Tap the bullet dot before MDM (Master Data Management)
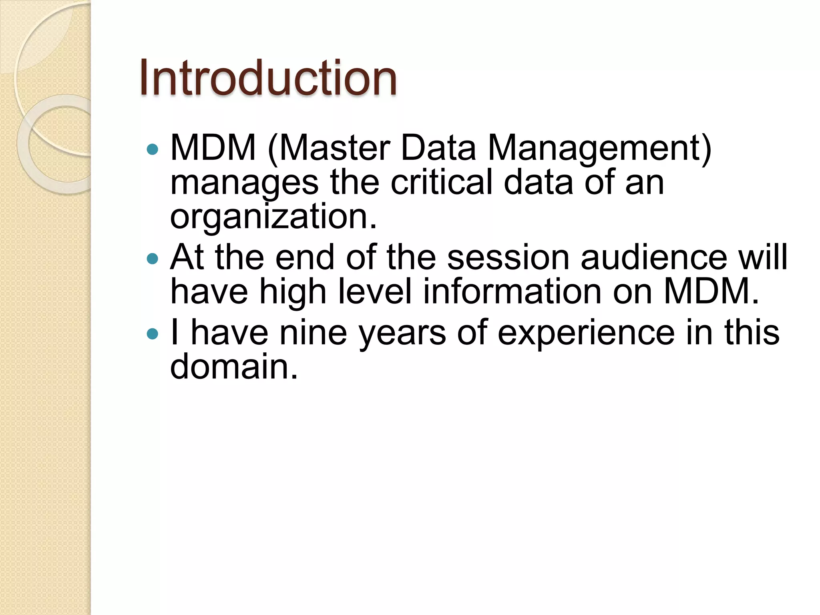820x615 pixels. point(153,150)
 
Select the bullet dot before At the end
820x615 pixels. point(153,259)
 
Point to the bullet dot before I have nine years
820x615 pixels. point(153,334)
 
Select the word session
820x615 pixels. point(508,257)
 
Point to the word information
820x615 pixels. point(512,292)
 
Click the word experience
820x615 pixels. point(586,333)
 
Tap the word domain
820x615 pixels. point(234,366)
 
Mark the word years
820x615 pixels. point(402,333)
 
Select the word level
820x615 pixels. point(375,292)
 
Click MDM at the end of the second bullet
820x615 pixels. point(711,292)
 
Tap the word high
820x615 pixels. point(293,293)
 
